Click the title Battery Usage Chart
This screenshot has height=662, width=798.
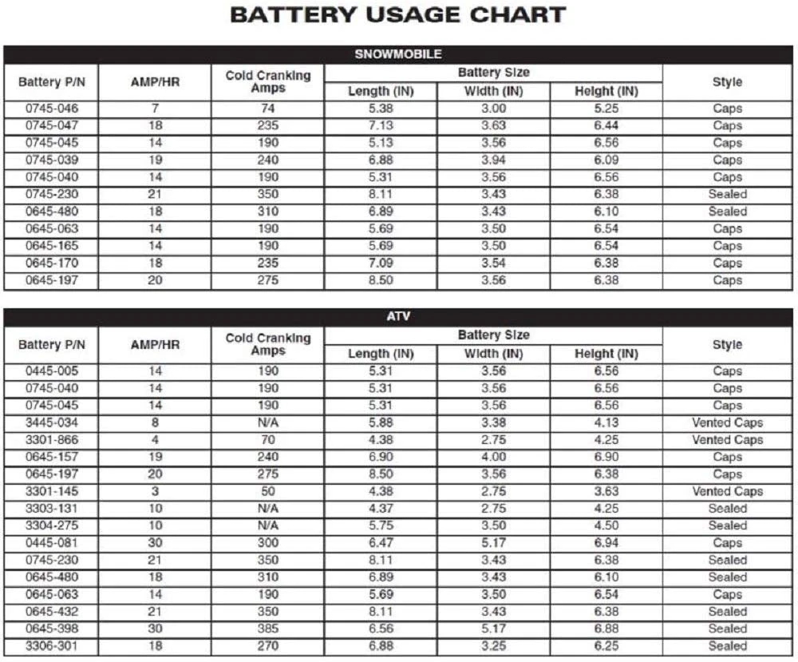[x=397, y=15]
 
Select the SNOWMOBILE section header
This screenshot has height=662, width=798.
[x=397, y=55]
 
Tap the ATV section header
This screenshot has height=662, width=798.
[x=397, y=318]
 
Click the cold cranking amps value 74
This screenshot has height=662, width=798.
[x=267, y=109]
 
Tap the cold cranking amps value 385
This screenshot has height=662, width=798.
[x=267, y=628]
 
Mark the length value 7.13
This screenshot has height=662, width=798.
[x=380, y=125]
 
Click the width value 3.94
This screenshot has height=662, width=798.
[x=492, y=160]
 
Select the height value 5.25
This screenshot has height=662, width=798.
[x=606, y=109]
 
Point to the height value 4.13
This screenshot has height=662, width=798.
[x=606, y=422]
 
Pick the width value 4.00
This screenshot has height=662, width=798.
[x=492, y=457]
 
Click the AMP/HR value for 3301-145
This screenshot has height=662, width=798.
[x=155, y=491]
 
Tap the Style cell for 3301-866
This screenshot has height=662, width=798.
[x=727, y=440]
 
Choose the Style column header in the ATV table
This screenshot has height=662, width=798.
[x=727, y=345]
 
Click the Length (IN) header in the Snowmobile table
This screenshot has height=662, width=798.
[x=380, y=91]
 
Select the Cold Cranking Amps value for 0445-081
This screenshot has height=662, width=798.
[x=267, y=543]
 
